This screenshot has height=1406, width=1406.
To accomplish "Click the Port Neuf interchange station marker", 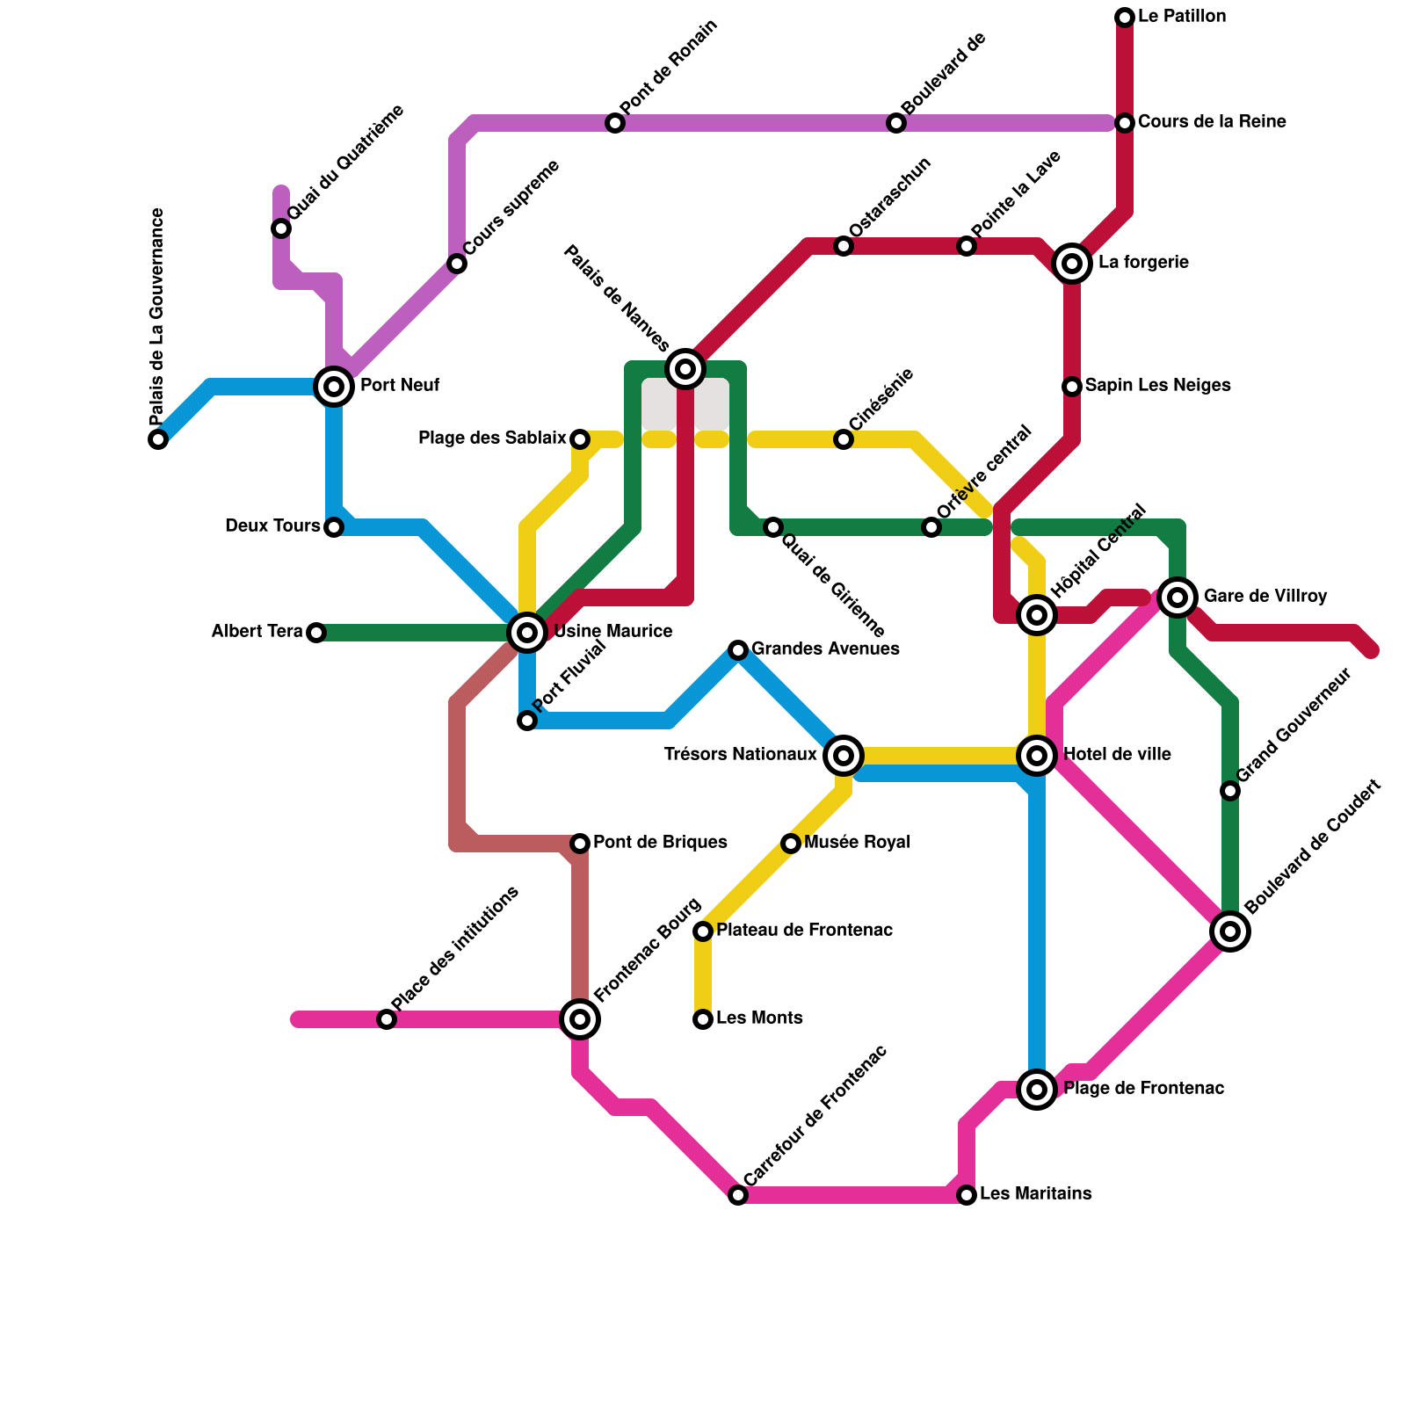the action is coord(334,387).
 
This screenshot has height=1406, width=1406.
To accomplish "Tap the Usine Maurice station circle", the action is coord(527,633).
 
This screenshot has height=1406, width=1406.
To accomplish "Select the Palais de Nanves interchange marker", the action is coord(685,369).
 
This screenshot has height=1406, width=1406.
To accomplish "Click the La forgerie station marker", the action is coord(1072,264).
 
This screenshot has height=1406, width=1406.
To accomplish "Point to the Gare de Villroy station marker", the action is coord(1178,598).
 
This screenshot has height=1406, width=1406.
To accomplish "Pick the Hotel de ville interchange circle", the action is coord(1037,756).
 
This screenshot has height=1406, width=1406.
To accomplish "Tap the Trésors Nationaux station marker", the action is coord(844,756).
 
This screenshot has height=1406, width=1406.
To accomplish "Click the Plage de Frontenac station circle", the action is coord(1037,1090).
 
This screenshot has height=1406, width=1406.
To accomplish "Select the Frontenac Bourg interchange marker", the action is coord(580,1019).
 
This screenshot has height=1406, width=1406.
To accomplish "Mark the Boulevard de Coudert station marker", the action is coord(1230,931).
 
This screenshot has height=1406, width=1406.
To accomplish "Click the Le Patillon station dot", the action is coord(1125,18).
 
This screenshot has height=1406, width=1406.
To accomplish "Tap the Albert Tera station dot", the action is coord(316,633).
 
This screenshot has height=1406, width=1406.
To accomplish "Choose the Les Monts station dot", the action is coord(703,1019).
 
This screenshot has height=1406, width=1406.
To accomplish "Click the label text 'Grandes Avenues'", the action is coord(825,649).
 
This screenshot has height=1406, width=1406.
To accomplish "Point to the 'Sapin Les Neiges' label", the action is coord(1157,386).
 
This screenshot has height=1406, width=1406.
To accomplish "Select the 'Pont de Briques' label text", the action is coord(660,843).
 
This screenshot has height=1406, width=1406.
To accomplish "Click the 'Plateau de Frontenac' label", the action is coord(804,931).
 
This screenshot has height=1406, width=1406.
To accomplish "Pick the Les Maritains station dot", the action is coord(967,1195).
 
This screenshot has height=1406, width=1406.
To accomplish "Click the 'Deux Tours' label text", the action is coord(272,526).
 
